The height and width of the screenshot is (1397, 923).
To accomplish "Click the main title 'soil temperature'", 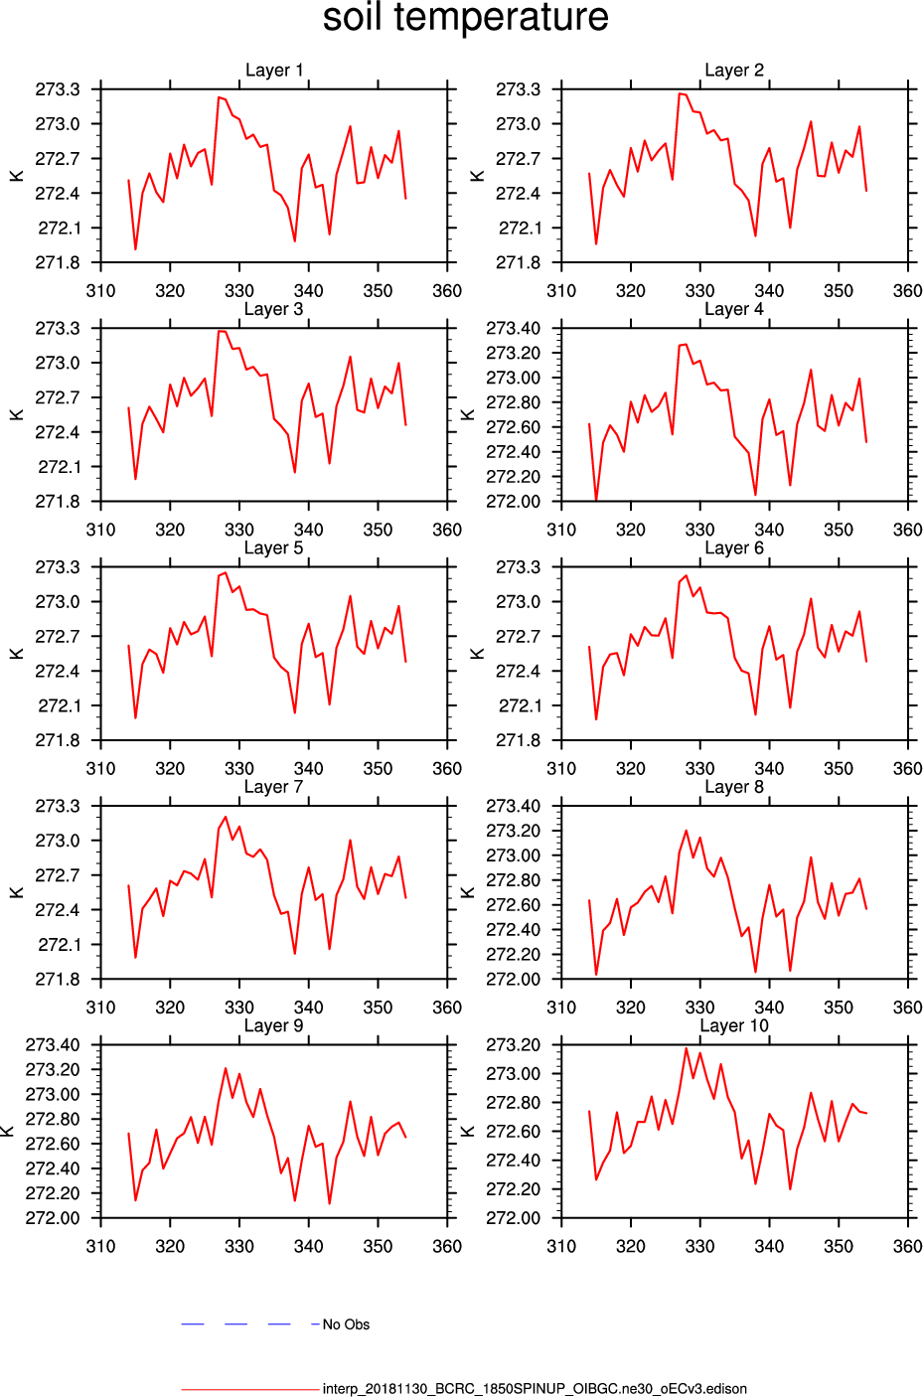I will [x=465, y=18].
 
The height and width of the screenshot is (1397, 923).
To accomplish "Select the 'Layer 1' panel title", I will [x=274, y=71].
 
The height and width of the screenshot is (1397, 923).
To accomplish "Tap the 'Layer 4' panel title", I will [x=734, y=309].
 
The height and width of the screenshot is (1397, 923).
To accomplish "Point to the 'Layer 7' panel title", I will [x=274, y=787].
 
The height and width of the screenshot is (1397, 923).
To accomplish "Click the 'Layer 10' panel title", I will [x=734, y=1025].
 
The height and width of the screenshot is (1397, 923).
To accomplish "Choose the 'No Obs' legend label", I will [x=346, y=1324].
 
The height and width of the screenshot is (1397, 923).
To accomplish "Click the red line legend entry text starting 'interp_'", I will [x=535, y=1389].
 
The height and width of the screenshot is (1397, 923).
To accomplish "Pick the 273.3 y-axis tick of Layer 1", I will [x=58, y=89].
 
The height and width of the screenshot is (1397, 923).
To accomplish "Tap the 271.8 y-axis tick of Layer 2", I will [x=519, y=262].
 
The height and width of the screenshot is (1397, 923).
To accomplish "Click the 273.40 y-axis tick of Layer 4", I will [x=514, y=328].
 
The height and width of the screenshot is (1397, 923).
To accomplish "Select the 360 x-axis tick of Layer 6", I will [x=907, y=768].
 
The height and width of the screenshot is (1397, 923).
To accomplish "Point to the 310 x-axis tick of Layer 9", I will [x=101, y=1246].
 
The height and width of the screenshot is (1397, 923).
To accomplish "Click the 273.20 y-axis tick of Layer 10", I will [x=514, y=1044].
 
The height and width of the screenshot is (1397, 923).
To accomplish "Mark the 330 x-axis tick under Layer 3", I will [x=239, y=530].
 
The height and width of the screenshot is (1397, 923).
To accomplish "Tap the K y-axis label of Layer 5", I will [x=17, y=654].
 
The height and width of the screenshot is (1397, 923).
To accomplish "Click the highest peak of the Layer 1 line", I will [x=219, y=97].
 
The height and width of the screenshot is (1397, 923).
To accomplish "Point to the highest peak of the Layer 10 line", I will [x=686, y=1048].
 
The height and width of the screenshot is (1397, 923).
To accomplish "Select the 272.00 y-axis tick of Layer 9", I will [x=53, y=1218].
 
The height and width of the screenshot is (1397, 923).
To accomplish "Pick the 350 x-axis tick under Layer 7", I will [x=378, y=1008].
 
